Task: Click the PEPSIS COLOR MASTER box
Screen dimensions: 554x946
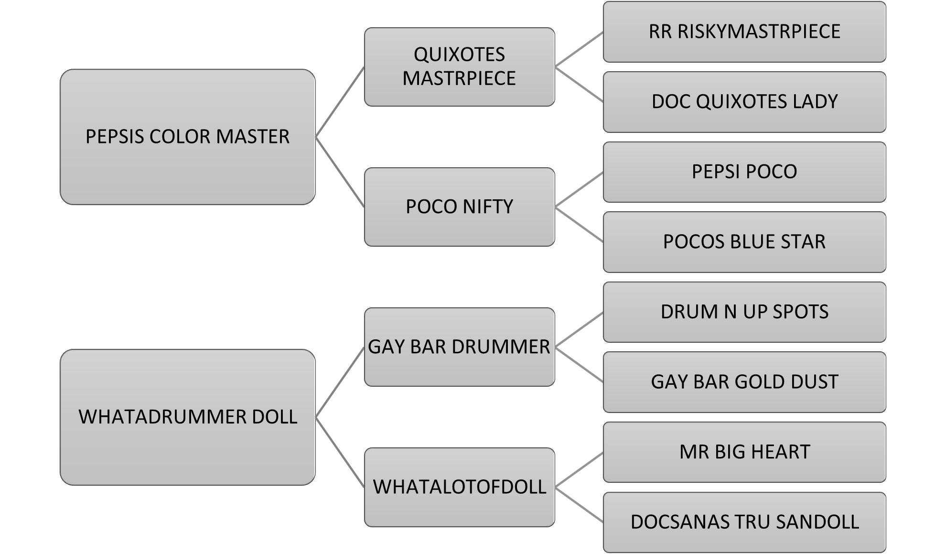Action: point(187,137)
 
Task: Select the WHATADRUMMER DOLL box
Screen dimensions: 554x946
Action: point(187,417)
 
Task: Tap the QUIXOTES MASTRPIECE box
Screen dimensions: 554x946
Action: point(459,66)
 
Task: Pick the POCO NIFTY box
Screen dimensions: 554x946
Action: point(459,206)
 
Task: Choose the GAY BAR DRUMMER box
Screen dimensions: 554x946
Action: point(459,347)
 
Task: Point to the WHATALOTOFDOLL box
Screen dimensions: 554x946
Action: point(459,487)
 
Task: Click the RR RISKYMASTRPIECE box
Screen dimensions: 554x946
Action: point(744,32)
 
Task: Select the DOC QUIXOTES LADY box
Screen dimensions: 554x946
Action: point(744,102)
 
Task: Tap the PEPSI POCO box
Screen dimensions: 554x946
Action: point(744,172)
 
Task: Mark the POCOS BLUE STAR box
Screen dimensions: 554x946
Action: point(744,242)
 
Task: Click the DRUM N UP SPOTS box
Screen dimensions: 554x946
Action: point(744,312)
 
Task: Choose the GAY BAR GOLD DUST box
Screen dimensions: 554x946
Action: point(744,382)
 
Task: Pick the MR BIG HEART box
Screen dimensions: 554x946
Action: point(744,452)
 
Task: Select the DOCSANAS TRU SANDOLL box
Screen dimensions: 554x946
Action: point(744,522)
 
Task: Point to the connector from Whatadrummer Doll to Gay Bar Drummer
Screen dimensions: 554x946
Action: point(340,382)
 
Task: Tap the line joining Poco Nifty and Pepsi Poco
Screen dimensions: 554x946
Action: point(579,189)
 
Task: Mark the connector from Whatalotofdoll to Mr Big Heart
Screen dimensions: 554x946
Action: point(579,469)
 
